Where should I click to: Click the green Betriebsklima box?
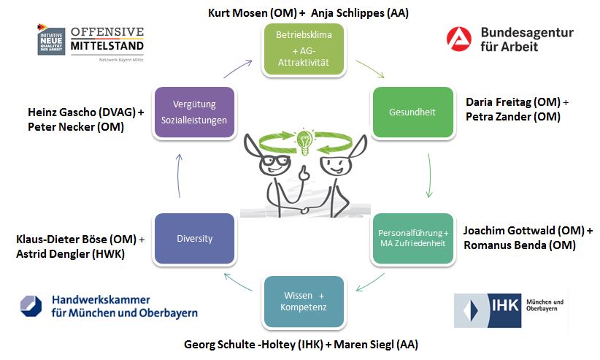click(x=303, y=49)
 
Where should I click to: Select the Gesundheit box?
click(x=402, y=112)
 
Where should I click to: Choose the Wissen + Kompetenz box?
click(x=304, y=302)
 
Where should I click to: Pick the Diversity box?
click(x=194, y=238)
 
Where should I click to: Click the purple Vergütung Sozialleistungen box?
click(x=194, y=112)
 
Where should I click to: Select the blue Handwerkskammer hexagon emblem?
click(x=31, y=306)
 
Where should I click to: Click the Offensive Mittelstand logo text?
click(x=107, y=39)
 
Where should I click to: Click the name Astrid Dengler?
click(x=55, y=253)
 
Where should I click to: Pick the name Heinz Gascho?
click(x=60, y=112)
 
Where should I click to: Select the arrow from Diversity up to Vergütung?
click(x=180, y=175)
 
